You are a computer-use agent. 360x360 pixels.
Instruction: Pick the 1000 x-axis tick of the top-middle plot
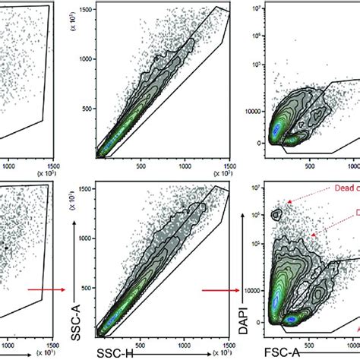point(183,163)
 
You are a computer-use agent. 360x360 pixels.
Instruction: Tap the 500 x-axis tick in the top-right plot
point(308,163)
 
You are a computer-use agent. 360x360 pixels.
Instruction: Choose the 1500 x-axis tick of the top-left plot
point(52,163)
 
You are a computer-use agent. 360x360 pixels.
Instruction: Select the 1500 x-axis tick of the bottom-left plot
point(52,342)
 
